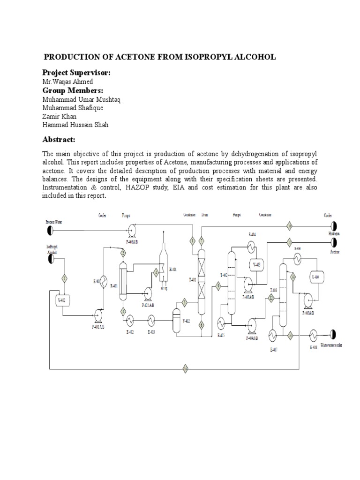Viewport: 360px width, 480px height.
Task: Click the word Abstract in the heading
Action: [59, 140]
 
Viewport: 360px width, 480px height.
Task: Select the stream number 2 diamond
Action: [123, 253]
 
